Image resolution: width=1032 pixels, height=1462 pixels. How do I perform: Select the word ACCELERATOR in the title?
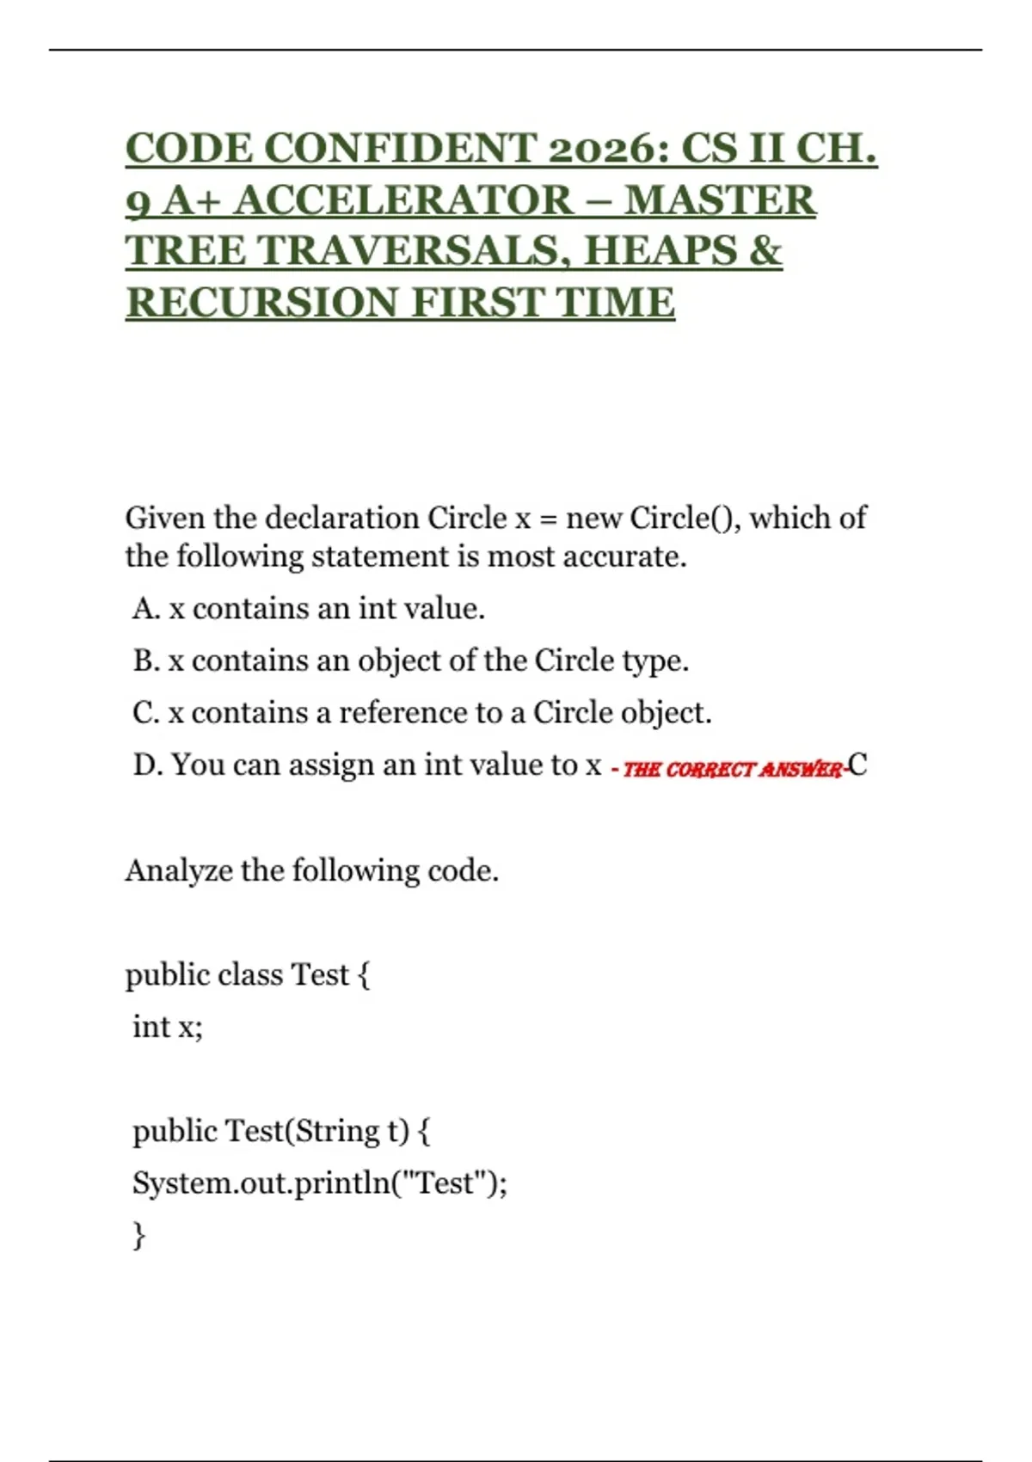tap(402, 200)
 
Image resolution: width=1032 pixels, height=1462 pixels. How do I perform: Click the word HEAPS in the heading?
tap(658, 251)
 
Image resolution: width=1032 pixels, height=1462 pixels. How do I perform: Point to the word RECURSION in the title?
tap(261, 303)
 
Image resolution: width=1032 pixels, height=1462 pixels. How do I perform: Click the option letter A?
tap(145, 609)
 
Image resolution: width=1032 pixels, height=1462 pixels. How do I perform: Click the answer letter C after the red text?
tap(857, 765)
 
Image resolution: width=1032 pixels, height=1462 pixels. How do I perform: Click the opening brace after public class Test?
tap(363, 975)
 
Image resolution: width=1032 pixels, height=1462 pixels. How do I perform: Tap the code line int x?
tap(168, 1027)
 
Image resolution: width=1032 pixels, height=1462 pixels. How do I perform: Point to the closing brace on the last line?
tap(138, 1236)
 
